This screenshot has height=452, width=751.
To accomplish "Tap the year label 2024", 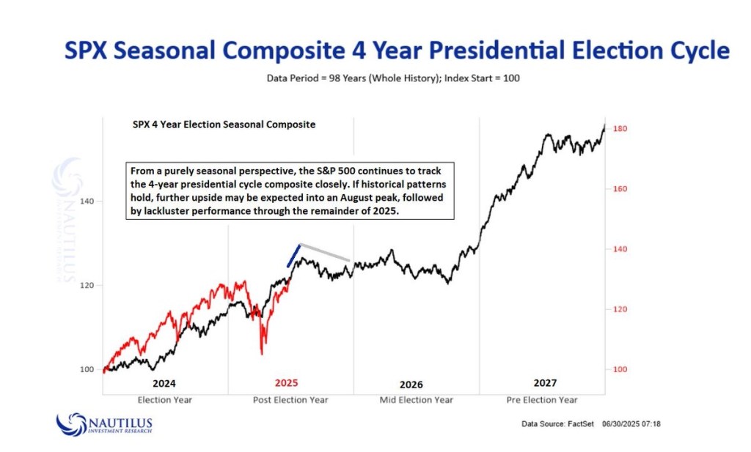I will tap(164, 383).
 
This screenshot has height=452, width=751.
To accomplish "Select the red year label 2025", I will tap(287, 382).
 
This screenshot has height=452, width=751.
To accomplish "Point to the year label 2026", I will tap(411, 385).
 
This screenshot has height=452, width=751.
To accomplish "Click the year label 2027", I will tap(545, 382).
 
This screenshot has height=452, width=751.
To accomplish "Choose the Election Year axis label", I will tap(165, 400).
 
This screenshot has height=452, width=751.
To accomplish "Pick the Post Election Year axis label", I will tap(290, 400).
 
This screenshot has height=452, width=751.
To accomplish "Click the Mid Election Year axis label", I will tap(416, 400).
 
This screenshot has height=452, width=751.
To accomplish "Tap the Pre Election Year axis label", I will tap(542, 400).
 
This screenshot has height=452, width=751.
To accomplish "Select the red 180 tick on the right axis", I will tap(620, 129).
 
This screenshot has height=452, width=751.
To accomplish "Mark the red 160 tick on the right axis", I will tap(620, 189).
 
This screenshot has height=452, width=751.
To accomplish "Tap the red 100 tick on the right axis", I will tap(620, 369).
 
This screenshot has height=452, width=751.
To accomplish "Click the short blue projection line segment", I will tap(293, 255).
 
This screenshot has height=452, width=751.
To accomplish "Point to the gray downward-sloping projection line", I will tap(324, 252).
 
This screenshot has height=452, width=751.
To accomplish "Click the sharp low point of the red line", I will tap(262, 354).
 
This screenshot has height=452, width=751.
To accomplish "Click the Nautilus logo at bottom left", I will tap(104, 424).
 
